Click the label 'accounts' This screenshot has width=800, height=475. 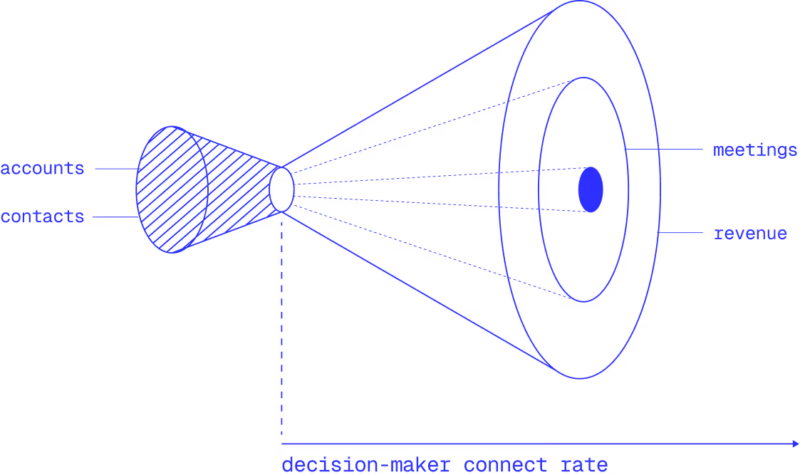(x=42, y=169)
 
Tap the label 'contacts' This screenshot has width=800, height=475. (x=42, y=216)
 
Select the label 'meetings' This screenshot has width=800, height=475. (x=754, y=150)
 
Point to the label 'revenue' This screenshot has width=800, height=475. (x=750, y=234)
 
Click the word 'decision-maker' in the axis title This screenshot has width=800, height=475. (x=365, y=466)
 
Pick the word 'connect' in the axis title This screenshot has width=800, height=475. (x=505, y=466)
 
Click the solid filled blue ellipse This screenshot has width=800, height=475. (x=591, y=189)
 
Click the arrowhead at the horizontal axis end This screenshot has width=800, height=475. (x=795, y=444)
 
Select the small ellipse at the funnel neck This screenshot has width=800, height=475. (x=281, y=189)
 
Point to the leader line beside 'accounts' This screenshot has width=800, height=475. (x=115, y=169)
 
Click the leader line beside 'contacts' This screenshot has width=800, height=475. (x=114, y=216)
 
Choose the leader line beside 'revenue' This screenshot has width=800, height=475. (x=682, y=234)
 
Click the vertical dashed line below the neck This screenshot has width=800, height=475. (x=282, y=328)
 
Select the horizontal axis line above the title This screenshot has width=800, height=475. (x=534, y=444)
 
